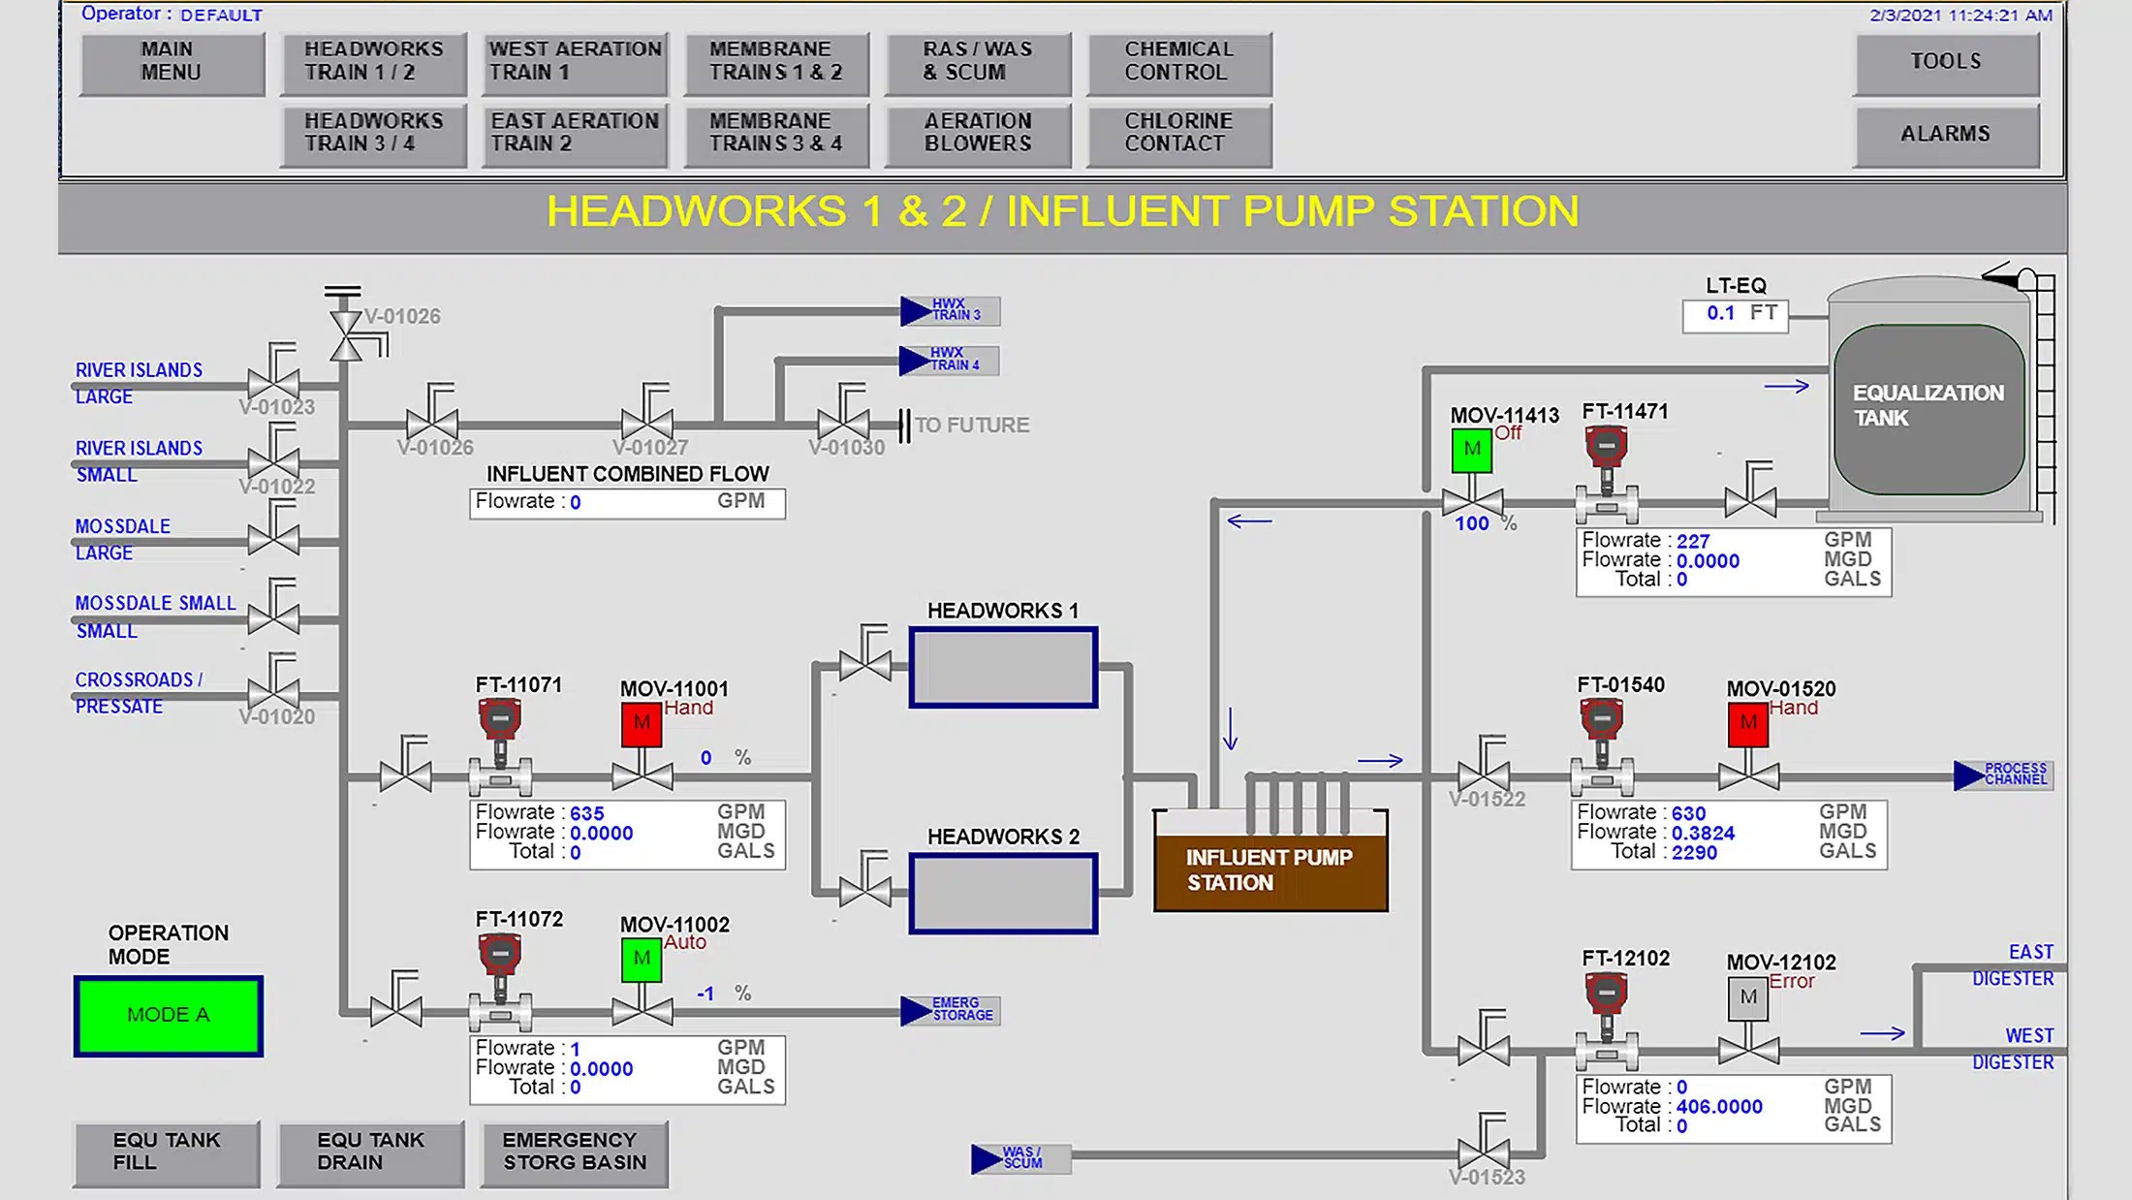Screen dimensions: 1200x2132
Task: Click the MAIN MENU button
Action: pos(172,62)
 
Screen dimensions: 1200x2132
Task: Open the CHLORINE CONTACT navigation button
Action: pos(1178,134)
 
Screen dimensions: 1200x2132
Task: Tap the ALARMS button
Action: pos(1946,135)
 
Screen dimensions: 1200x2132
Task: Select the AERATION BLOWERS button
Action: pos(978,134)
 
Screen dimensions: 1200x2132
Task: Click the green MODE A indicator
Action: pos(169,1015)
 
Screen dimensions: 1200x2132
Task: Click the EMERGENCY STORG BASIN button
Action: pos(574,1153)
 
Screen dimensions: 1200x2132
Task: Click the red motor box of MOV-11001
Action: pos(642,723)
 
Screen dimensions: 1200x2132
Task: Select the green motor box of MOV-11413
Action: pos(1471,450)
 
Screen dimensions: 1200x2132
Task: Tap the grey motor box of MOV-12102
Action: pos(1747,997)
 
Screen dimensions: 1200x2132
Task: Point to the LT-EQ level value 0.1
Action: pos(1721,314)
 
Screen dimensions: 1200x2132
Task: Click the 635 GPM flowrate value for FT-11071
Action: pos(586,814)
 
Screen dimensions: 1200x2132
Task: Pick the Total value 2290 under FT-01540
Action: pos(1694,853)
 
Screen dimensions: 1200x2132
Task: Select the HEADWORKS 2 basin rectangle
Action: pos(1003,893)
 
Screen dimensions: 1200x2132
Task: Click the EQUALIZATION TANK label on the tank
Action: pos(1928,406)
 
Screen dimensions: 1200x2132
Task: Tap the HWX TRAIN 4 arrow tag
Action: pos(948,361)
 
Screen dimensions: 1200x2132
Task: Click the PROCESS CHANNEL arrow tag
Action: pos(2002,774)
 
